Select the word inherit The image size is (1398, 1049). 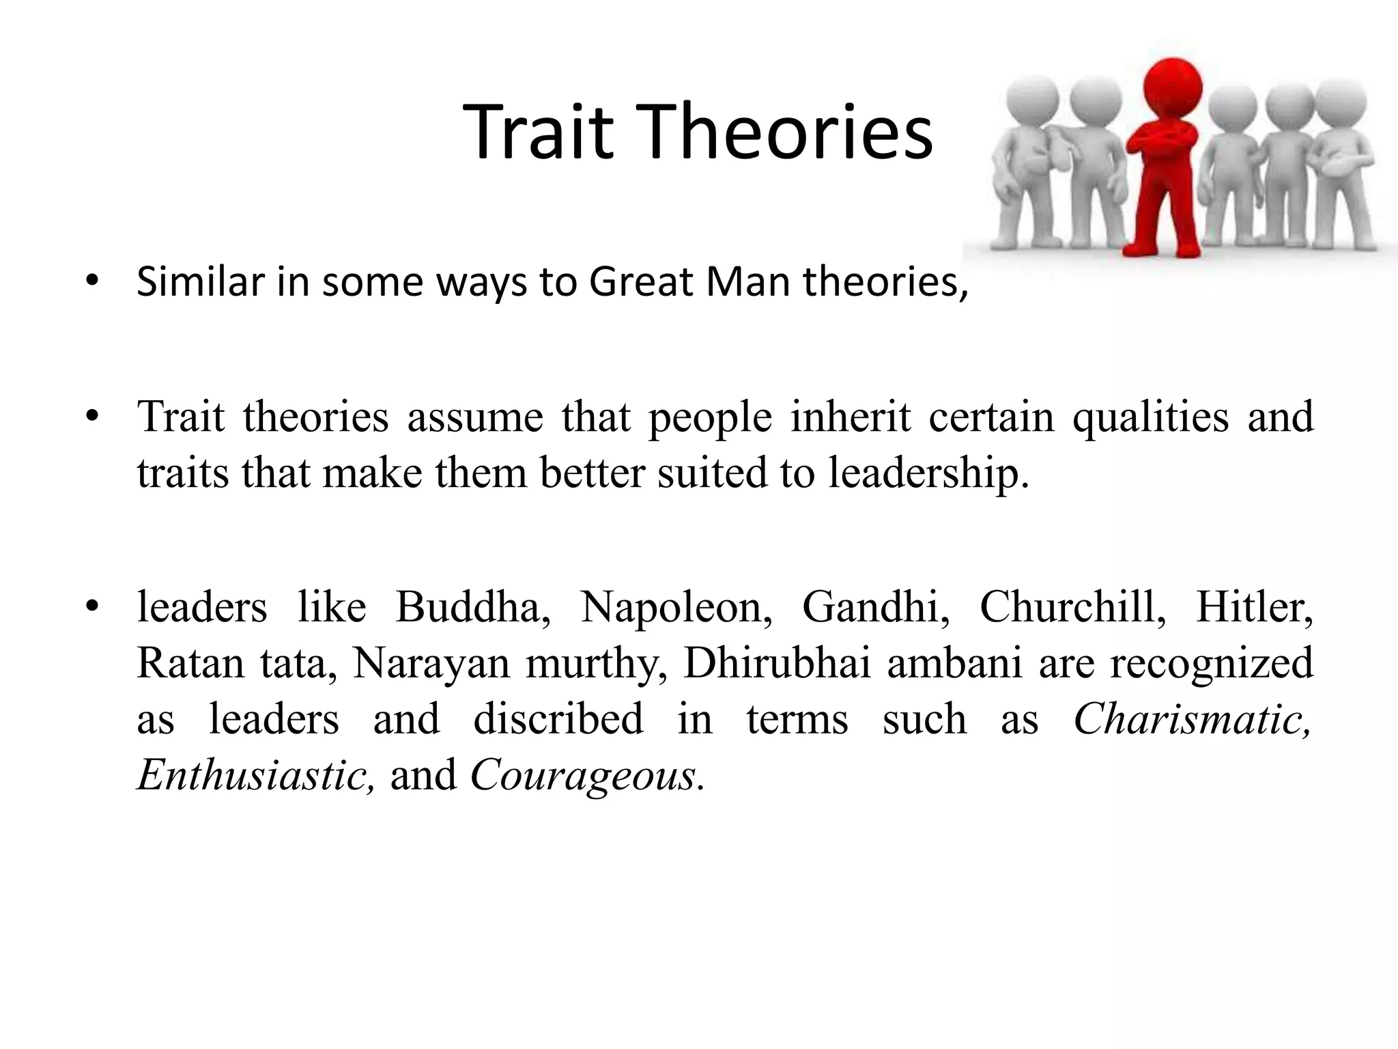[850, 416]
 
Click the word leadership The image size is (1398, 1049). [928, 472]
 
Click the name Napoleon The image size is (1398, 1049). [676, 606]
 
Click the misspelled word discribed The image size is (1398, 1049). [558, 718]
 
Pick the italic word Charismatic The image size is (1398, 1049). [1192, 718]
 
